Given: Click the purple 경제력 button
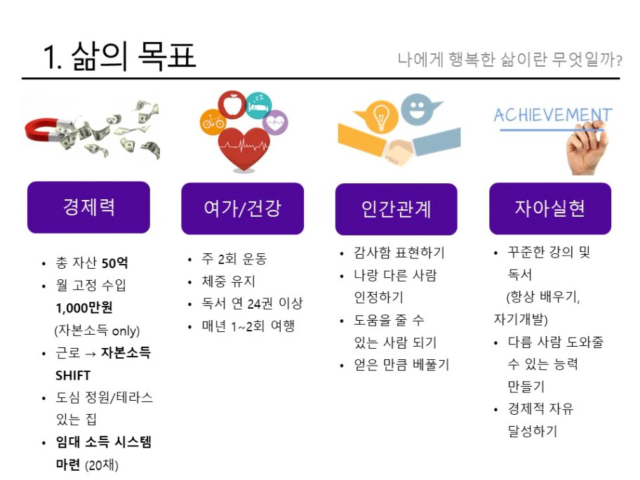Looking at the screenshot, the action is point(88,207).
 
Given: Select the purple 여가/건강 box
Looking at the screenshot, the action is point(242,208).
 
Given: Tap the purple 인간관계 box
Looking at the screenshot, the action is point(396,209).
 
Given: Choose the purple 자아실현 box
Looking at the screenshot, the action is point(550,208).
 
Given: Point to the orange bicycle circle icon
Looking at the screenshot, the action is point(213,121).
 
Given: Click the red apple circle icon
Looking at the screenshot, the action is point(232,105).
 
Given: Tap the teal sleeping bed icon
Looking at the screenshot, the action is point(259,106).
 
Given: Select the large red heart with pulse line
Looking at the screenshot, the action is point(244,149).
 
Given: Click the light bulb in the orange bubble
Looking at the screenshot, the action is point(381,116).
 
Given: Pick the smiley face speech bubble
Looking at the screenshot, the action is point(418,109).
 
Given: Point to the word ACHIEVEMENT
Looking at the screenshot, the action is point(553,115).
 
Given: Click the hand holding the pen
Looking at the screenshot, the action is point(586,149).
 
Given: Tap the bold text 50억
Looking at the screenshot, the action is point(114,263).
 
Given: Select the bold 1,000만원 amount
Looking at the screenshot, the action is point(84,308).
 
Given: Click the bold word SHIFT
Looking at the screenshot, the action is point(73,375).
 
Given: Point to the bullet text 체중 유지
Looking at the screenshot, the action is point(228,281).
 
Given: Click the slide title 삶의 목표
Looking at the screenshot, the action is point(133,56).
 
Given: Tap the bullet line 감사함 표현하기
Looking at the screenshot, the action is point(399,253).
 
